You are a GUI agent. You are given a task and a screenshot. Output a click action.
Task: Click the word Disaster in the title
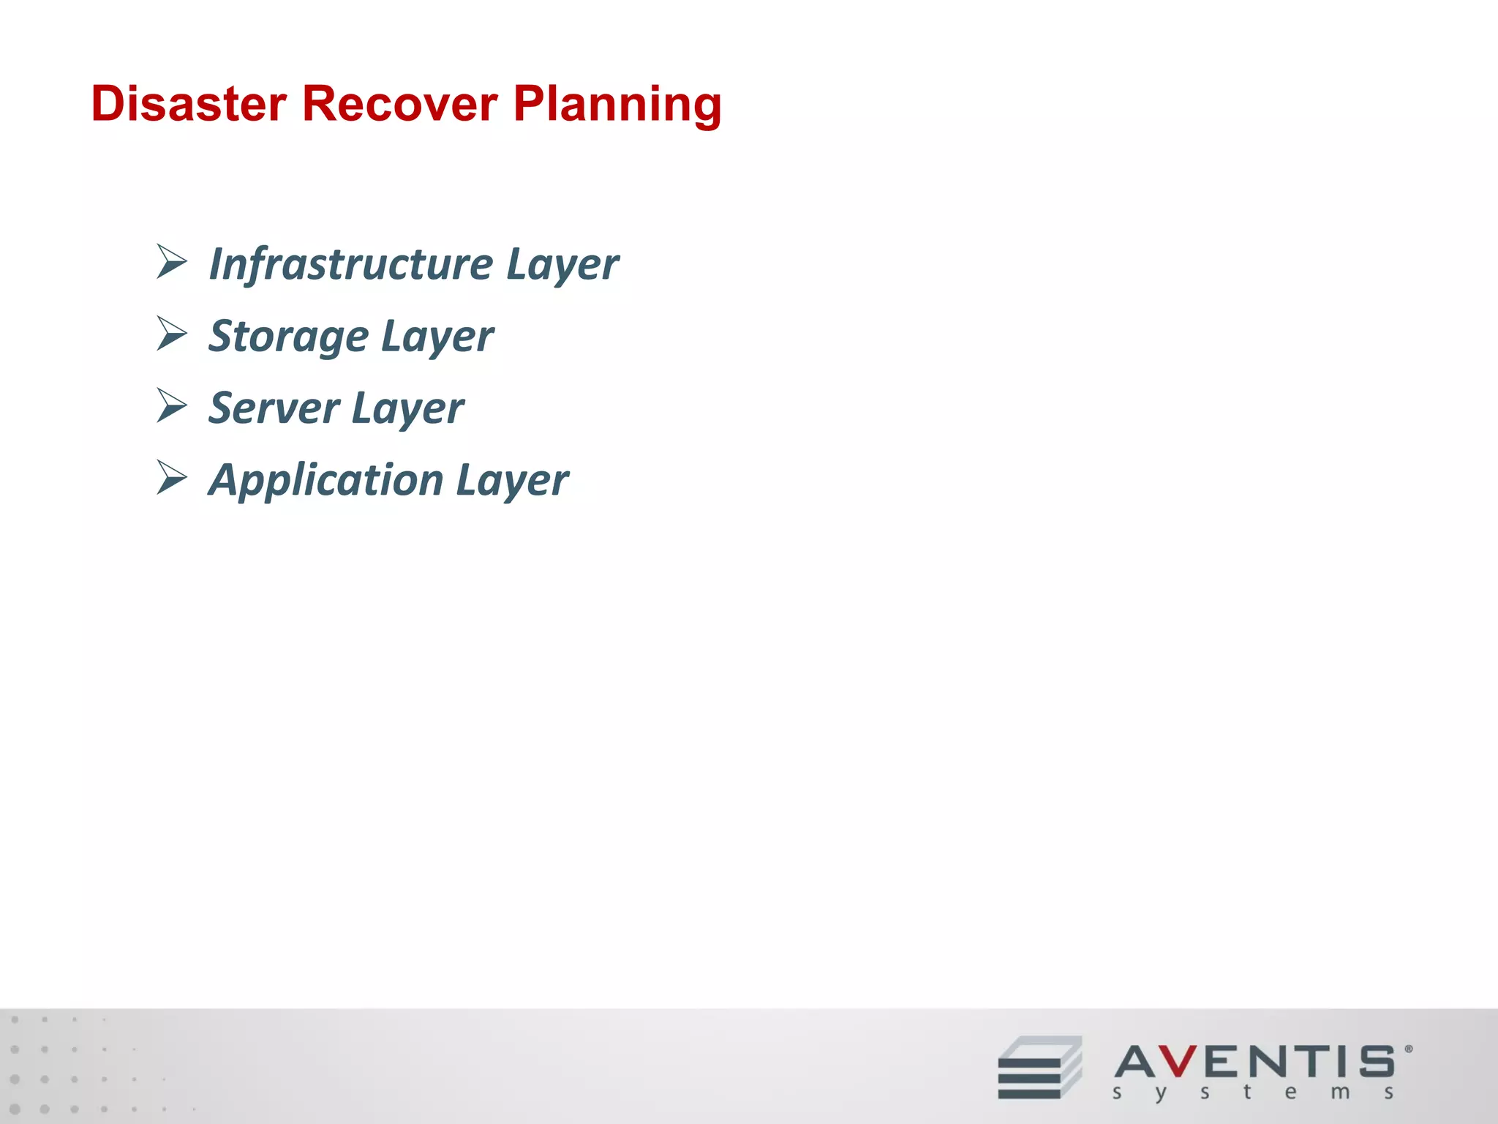pyautogui.click(x=189, y=104)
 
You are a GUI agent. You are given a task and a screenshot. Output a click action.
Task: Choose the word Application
pyautogui.click(x=325, y=481)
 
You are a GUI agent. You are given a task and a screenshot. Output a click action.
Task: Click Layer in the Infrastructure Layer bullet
pyautogui.click(x=562, y=265)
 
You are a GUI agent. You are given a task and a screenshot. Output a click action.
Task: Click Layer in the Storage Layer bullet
pyautogui.click(x=437, y=337)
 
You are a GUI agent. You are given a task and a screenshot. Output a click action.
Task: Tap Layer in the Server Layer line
pyautogui.click(x=407, y=409)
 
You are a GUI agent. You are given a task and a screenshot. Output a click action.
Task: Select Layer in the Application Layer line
pyautogui.click(x=512, y=482)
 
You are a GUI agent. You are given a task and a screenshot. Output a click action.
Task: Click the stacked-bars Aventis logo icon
pyautogui.click(x=1039, y=1068)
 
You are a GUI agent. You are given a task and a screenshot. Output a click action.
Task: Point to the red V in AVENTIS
pyautogui.click(x=1178, y=1061)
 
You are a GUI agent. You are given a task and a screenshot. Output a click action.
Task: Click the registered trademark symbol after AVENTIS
pyautogui.click(x=1408, y=1049)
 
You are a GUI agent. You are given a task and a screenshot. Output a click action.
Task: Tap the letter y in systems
pyautogui.click(x=1160, y=1094)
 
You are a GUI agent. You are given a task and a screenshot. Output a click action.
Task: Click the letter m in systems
pyautogui.click(x=1340, y=1093)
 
